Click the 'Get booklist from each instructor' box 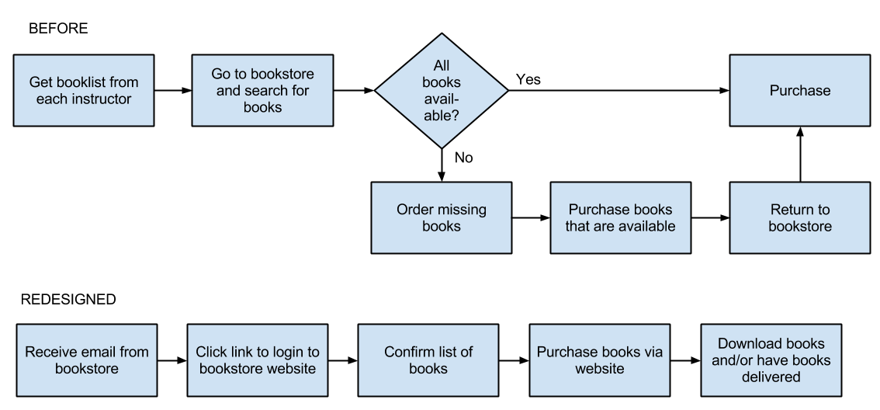click(x=84, y=90)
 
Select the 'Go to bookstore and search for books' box click(x=262, y=90)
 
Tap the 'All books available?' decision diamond click(x=442, y=91)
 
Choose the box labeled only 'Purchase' click(x=800, y=90)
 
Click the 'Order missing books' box click(x=442, y=217)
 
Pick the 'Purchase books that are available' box click(x=621, y=217)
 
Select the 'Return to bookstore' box click(x=800, y=217)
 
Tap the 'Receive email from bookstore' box click(x=87, y=360)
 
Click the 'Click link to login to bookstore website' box click(x=258, y=360)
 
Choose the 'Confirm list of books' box click(x=428, y=360)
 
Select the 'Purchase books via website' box click(x=600, y=360)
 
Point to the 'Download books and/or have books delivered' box click(x=771, y=360)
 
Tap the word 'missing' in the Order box click(x=463, y=210)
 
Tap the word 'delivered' click(x=771, y=377)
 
